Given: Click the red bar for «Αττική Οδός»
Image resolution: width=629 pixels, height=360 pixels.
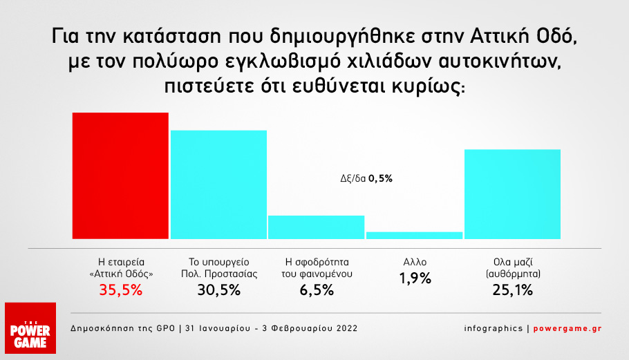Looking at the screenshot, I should (x=121, y=176).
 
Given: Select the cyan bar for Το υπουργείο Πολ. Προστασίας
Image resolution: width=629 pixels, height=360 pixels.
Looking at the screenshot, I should (x=218, y=184).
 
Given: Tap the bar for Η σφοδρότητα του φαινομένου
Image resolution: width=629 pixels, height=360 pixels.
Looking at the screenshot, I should (x=316, y=227).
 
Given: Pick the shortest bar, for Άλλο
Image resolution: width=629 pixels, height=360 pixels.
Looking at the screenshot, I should (x=414, y=236).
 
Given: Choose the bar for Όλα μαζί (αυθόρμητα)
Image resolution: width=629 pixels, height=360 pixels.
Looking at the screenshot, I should (x=512, y=194).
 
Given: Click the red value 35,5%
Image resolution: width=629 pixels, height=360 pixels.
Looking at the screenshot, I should (x=121, y=290).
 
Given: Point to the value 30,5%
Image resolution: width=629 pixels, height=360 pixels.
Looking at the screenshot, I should (x=218, y=290).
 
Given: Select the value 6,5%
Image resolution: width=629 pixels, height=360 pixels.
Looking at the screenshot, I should (x=316, y=290).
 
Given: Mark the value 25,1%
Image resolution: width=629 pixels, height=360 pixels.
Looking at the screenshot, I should (x=512, y=290).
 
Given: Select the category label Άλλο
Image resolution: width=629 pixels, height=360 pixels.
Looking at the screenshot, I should (x=414, y=262).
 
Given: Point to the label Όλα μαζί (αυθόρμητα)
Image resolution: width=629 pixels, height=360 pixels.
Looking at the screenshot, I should (x=512, y=267).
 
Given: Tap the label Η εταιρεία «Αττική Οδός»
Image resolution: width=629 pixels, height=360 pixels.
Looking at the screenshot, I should (x=121, y=267).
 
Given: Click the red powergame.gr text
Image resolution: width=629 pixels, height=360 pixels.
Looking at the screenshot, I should (x=568, y=328).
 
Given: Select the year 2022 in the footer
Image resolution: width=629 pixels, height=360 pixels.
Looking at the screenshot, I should (x=345, y=328).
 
